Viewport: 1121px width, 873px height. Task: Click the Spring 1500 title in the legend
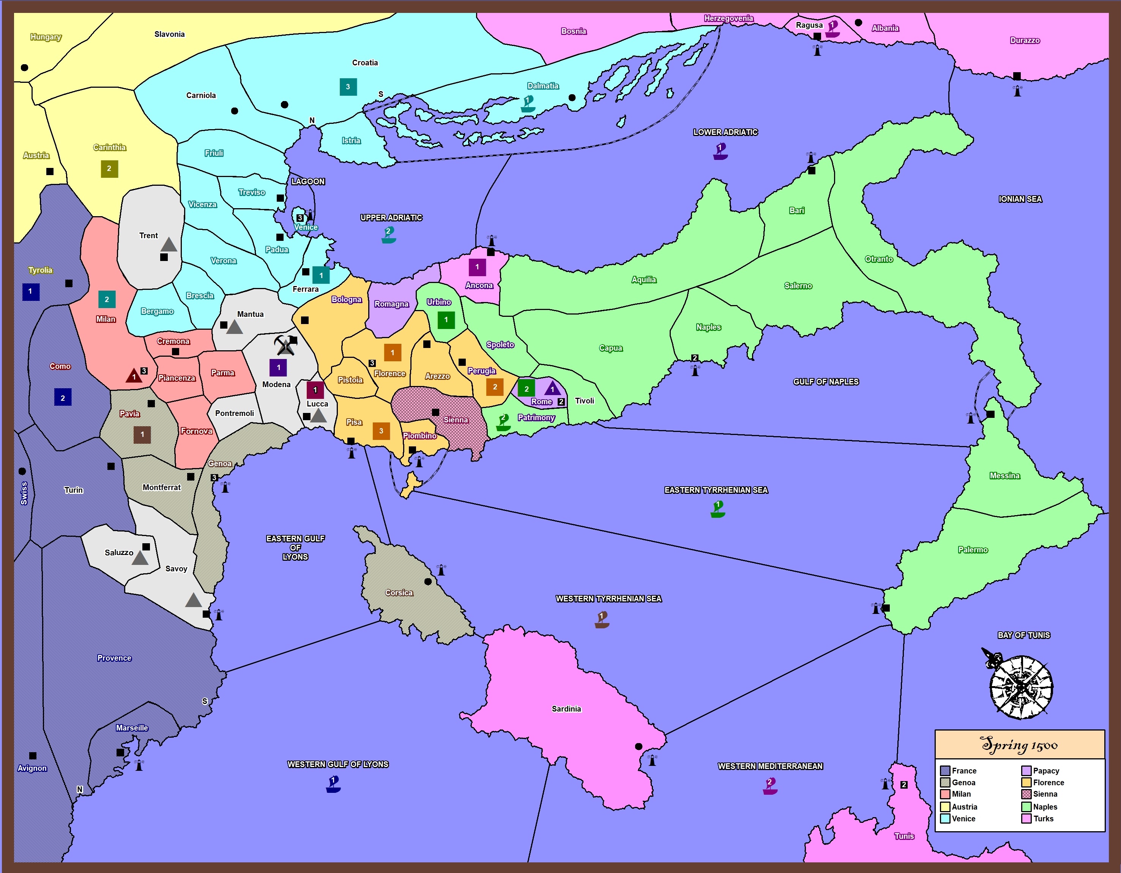click(1019, 745)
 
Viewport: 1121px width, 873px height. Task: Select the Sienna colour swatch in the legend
click(1026, 794)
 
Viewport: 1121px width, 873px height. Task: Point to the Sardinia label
click(566, 709)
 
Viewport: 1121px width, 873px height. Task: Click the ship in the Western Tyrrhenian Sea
click(602, 620)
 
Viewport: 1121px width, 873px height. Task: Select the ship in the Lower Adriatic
click(720, 152)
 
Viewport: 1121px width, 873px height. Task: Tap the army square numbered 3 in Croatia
click(348, 87)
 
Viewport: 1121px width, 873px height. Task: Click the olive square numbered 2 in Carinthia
click(109, 168)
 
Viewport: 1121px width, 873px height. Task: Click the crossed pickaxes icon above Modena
click(284, 345)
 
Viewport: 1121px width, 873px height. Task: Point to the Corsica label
click(399, 593)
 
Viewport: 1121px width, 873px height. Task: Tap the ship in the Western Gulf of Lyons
click(333, 784)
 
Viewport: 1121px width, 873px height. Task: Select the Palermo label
click(973, 549)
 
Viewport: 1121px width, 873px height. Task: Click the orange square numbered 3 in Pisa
click(381, 431)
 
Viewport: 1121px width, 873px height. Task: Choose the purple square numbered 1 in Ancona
click(477, 267)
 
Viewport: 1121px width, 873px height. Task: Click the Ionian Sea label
click(1020, 199)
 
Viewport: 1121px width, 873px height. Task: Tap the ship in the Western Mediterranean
click(770, 786)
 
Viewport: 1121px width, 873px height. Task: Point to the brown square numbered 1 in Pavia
click(142, 435)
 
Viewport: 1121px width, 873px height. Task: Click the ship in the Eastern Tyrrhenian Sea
click(717, 509)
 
